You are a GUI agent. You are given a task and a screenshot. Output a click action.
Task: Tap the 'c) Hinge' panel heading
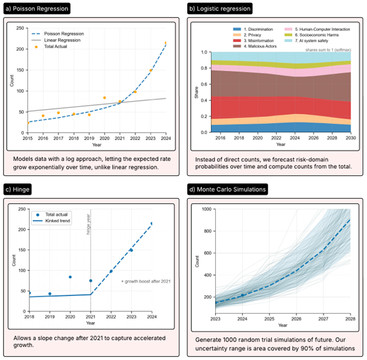point(22,189)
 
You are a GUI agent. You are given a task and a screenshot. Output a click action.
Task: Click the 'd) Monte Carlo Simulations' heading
point(230,189)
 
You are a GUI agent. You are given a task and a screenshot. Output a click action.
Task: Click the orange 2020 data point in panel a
point(104,97)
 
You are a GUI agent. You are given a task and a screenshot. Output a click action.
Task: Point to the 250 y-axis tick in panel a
point(21,29)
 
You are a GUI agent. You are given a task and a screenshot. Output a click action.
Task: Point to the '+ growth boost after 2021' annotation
point(144,281)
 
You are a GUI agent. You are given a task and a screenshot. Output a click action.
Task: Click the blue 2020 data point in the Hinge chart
point(70,277)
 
